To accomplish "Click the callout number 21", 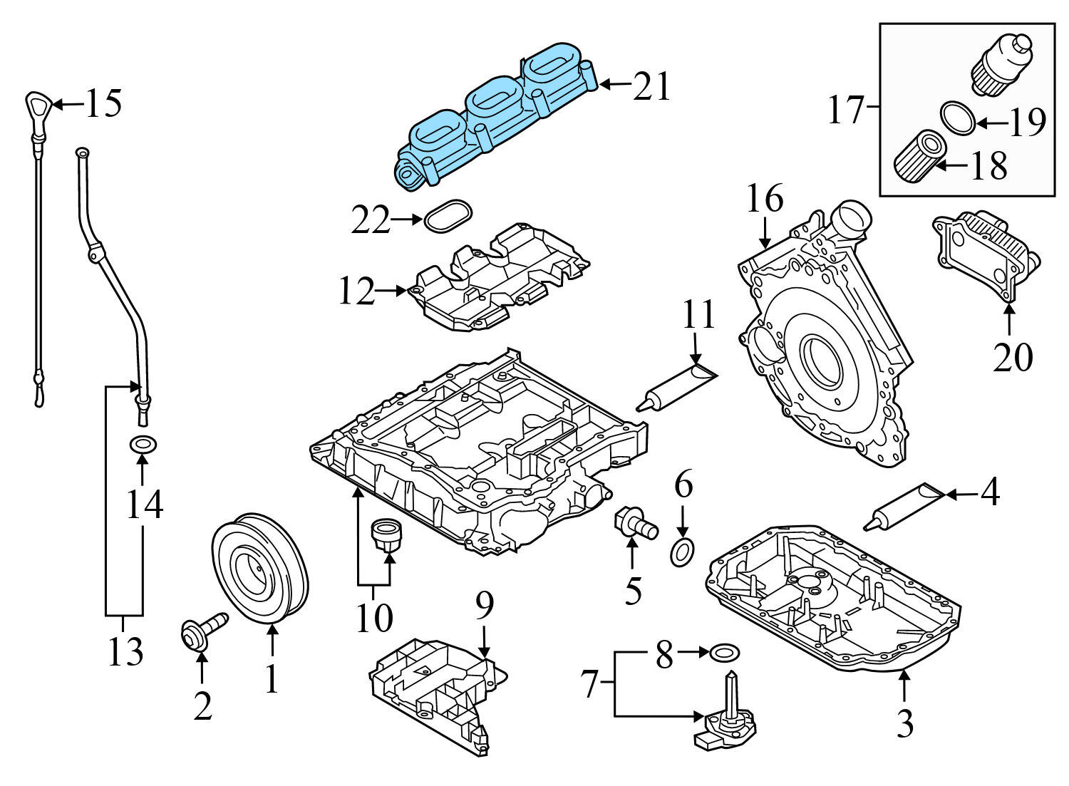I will pyautogui.click(x=651, y=87).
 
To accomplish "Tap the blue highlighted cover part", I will pyautogui.click(x=492, y=114).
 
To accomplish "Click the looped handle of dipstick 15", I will pyautogui.click(x=37, y=107).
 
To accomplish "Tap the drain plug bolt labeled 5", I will pyautogui.click(x=634, y=525).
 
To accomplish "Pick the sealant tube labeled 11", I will pyautogui.click(x=677, y=387).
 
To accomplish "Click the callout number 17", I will pyautogui.click(x=846, y=110).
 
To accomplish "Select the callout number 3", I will pyautogui.click(x=904, y=724).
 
